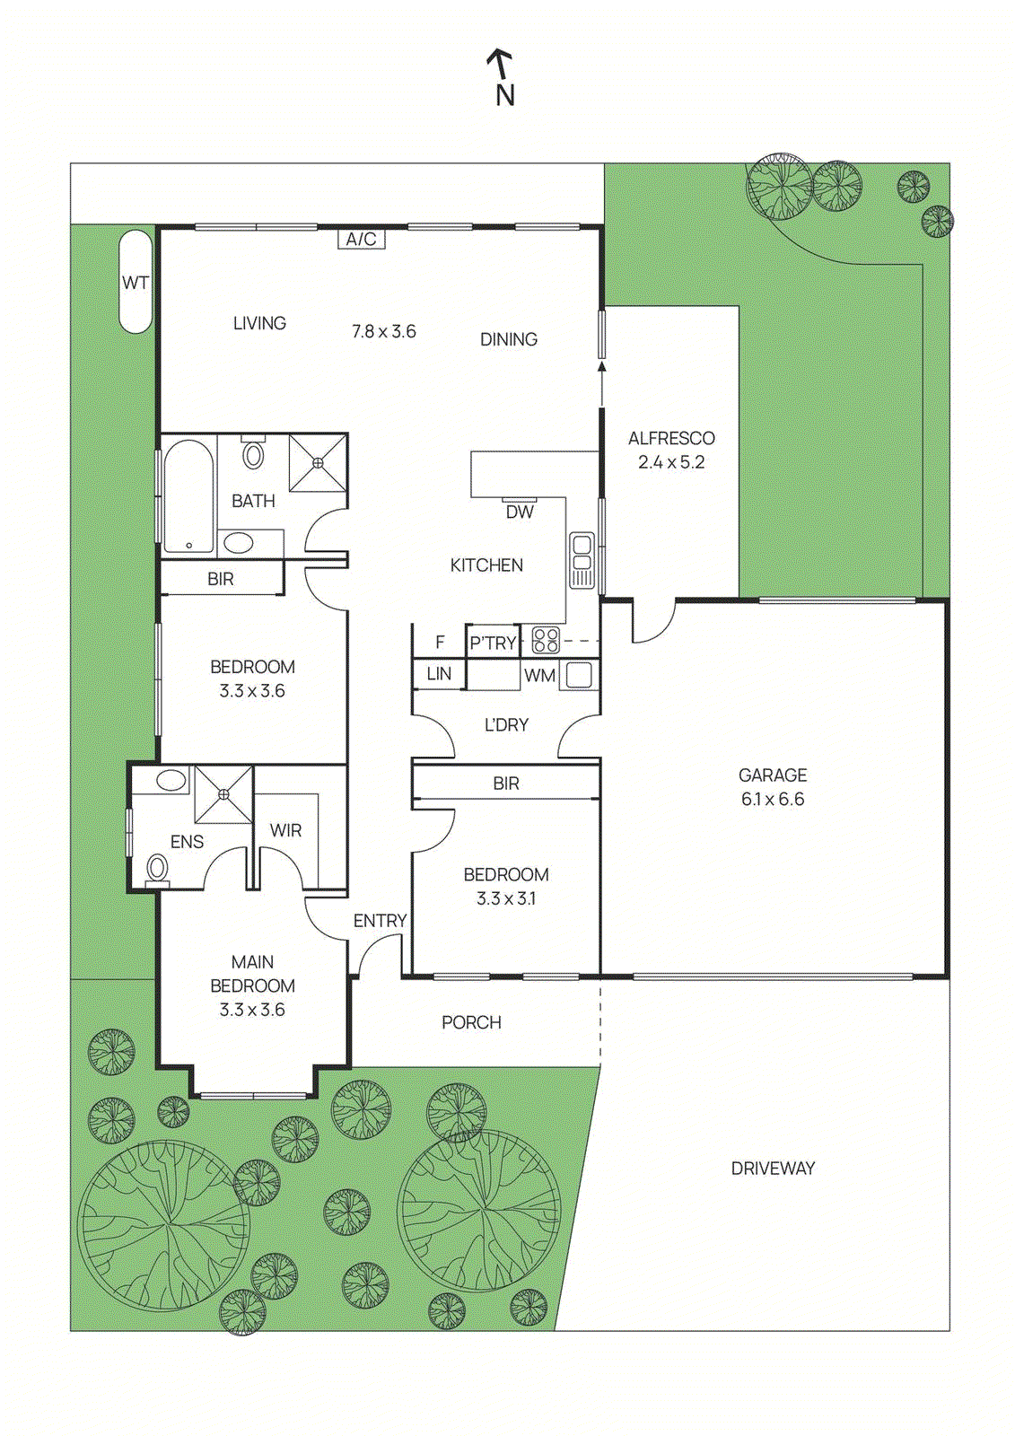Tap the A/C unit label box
pyautogui.click(x=361, y=239)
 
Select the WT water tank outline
pyautogui.click(x=136, y=282)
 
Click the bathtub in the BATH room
pyautogui.click(x=188, y=495)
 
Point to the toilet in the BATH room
pyautogui.click(x=254, y=453)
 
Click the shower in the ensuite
pyautogui.click(x=223, y=793)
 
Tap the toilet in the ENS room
pyautogui.click(x=157, y=868)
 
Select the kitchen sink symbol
pyautogui.click(x=582, y=560)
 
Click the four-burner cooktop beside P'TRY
pyautogui.click(x=546, y=640)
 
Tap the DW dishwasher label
pyautogui.click(x=520, y=512)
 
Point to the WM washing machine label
pyautogui.click(x=539, y=676)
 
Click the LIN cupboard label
pyautogui.click(x=439, y=674)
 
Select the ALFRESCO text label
pyautogui.click(x=671, y=438)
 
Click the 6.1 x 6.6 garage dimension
pyautogui.click(x=772, y=799)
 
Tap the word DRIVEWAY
pyautogui.click(x=772, y=1168)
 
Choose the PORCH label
pyautogui.click(x=471, y=1022)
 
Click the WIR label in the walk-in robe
pyautogui.click(x=285, y=830)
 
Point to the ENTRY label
pyautogui.click(x=380, y=921)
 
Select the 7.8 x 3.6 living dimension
pyautogui.click(x=383, y=331)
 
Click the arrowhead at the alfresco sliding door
pyautogui.click(x=601, y=366)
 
